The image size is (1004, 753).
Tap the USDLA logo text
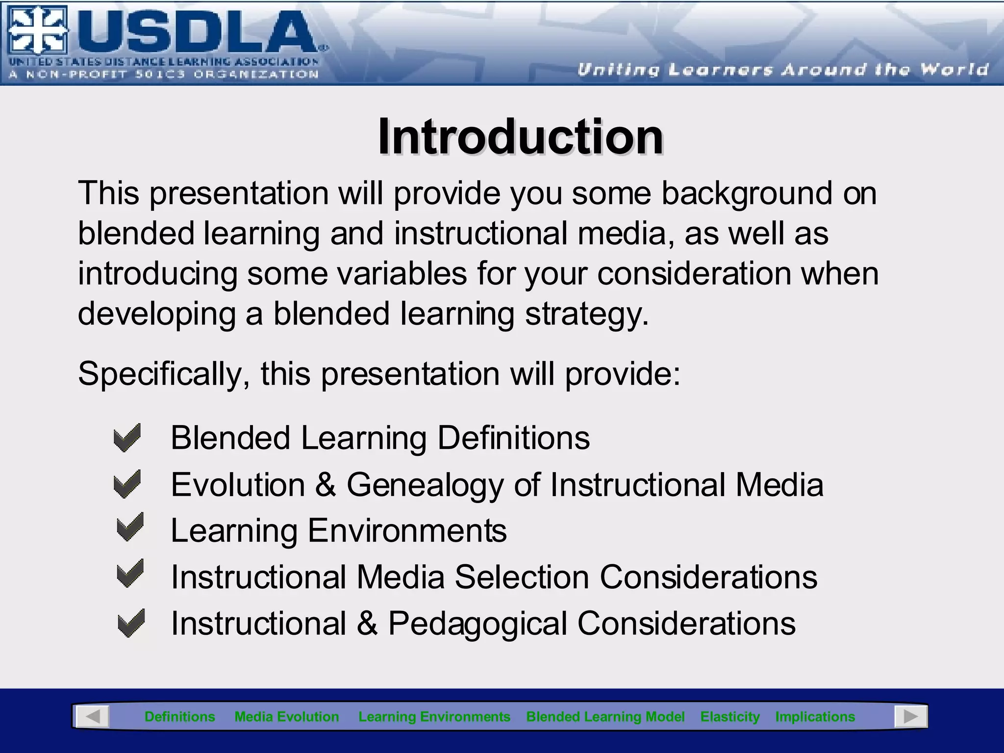pos(196,33)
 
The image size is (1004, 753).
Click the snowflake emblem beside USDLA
pos(37,30)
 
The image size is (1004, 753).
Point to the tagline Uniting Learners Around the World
pos(782,70)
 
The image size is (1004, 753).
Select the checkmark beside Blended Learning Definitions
pos(127,437)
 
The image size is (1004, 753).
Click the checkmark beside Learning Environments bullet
pos(130,527)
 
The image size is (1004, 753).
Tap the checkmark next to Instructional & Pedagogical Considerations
pos(131,623)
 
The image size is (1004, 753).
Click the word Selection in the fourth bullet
pos(522,577)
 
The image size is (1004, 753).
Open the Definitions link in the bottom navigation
pos(179,717)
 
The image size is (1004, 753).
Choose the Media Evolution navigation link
pos(287,717)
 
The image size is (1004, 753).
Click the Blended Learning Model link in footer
pos(605,717)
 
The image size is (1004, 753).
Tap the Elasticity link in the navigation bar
pos(729,717)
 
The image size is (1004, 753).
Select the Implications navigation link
pos(815,717)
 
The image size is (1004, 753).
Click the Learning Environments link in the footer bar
pos(434,717)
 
